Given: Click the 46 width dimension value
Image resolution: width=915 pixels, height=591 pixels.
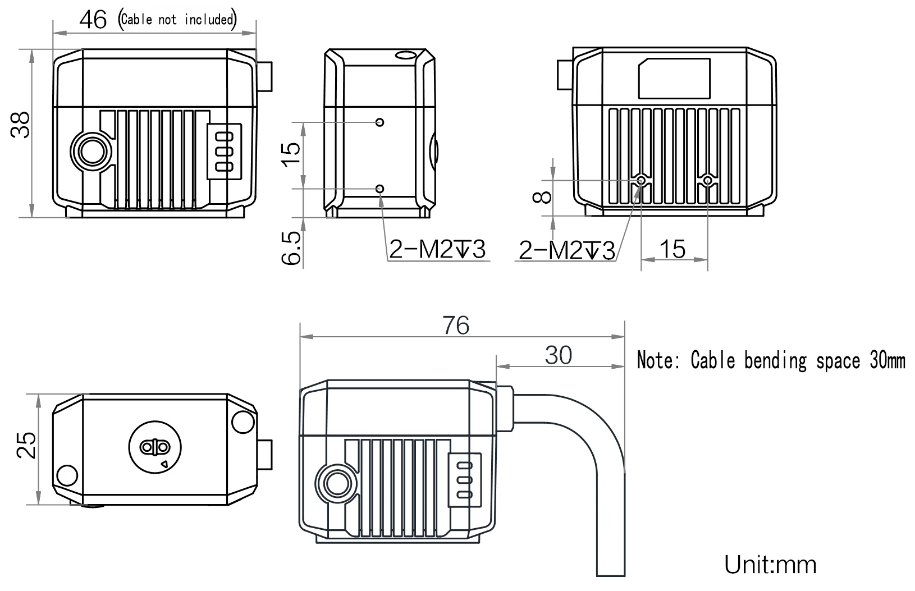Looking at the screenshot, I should (93, 20).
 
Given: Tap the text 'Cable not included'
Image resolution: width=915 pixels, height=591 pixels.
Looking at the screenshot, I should (177, 20).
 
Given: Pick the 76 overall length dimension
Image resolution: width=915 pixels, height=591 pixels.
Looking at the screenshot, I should (455, 326).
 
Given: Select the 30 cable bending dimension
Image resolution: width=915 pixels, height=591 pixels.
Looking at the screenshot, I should (558, 355).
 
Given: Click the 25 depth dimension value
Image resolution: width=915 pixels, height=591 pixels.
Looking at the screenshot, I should (26, 445).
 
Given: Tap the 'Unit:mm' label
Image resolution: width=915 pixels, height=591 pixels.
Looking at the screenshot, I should (770, 564).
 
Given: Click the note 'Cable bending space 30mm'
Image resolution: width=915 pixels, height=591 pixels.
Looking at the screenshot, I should (771, 360).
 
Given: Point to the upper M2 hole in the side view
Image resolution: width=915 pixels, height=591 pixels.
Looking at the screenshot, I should (380, 122).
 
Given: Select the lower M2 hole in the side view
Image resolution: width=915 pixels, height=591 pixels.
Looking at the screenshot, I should (380, 189).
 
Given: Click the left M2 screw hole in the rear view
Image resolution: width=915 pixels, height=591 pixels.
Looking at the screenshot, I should (641, 180).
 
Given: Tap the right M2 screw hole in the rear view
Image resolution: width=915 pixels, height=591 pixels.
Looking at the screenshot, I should (708, 180).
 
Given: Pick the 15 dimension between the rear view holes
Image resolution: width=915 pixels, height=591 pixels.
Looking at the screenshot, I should (673, 248).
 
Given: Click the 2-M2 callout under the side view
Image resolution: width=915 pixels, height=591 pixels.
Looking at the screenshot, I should (437, 249).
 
